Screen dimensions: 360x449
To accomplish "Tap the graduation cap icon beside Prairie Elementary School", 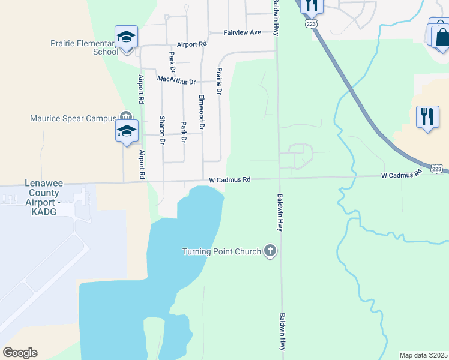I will point(126,37).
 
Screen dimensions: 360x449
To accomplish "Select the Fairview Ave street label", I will point(243,32).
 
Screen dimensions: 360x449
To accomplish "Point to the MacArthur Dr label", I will point(176,80).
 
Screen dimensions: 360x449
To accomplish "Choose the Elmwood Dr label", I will point(202,113).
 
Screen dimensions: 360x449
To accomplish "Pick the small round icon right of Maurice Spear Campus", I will point(125,116).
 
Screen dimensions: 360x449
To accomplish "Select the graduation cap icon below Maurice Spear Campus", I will point(127,131).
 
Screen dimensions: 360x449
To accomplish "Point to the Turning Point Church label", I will point(221,251).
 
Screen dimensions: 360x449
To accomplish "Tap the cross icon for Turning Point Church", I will point(270,251).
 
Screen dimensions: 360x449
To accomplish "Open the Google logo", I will point(20,353).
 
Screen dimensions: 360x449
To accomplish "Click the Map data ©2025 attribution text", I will point(424,355).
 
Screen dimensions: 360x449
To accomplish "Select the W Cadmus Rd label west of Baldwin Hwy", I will point(231,179).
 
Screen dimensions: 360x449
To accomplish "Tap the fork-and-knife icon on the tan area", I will point(427,116).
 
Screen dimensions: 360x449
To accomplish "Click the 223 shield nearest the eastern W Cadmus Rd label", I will point(438,169).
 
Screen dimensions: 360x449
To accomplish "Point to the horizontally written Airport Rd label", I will point(191,44).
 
